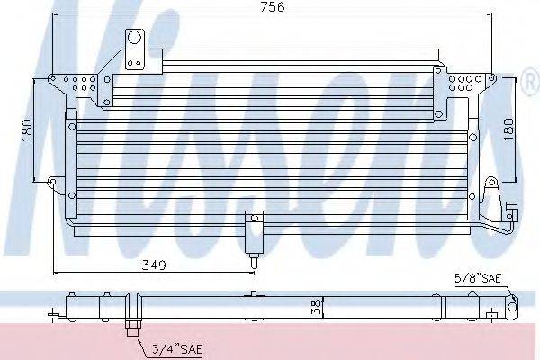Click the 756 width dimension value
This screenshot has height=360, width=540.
(x=273, y=7)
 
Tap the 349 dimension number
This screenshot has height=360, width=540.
(x=154, y=265)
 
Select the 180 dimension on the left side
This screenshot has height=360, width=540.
(x=26, y=130)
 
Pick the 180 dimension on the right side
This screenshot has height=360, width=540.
(x=508, y=130)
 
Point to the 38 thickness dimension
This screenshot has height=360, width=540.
(x=317, y=307)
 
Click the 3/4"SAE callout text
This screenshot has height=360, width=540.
(x=177, y=350)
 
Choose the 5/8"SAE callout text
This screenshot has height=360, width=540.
(x=478, y=278)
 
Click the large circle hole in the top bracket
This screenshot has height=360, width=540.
(x=134, y=37)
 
